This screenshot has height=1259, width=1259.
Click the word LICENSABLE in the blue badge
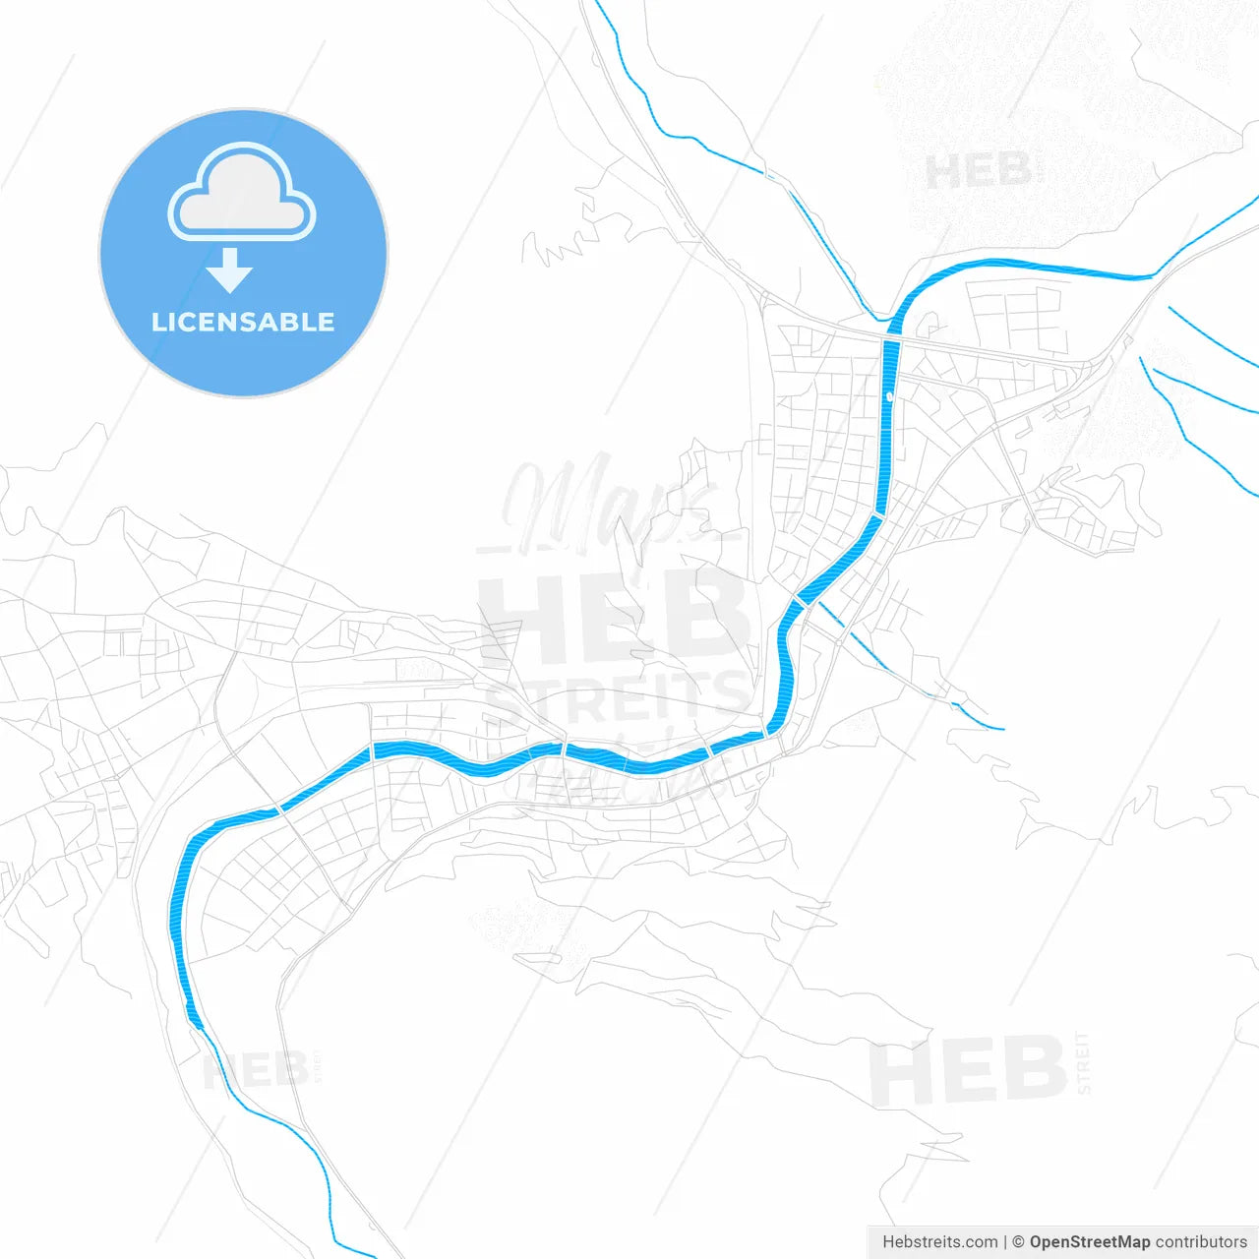[243, 322]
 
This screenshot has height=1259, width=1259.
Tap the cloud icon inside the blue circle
[242, 193]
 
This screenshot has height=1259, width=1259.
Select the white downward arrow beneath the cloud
[230, 270]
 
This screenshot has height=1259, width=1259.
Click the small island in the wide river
[889, 395]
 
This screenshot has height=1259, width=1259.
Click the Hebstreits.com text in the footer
[939, 1241]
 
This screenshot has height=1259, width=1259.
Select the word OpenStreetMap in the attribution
[1090, 1241]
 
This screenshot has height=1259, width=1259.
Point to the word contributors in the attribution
[1201, 1241]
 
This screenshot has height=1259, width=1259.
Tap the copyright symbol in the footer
[1018, 1241]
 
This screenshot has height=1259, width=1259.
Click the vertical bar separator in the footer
[1005, 1241]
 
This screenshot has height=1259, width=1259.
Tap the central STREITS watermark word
[615, 698]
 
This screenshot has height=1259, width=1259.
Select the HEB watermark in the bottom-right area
[969, 1070]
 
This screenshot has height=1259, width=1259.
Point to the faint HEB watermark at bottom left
[256, 1070]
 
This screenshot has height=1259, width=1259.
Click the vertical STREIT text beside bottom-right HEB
[1083, 1062]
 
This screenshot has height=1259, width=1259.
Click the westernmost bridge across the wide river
[280, 810]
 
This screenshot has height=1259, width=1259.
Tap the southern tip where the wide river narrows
[200, 1028]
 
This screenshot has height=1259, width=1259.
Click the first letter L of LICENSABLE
[158, 322]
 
